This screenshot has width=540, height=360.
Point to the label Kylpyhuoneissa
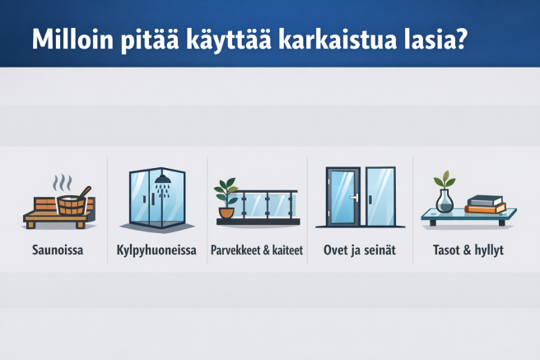pyautogui.click(x=157, y=250)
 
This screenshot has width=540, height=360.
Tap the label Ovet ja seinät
pyautogui.click(x=356, y=250)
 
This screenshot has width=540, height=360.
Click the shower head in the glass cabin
pyautogui.click(x=163, y=178)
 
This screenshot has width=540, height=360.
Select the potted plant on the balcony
pyautogui.click(x=226, y=198)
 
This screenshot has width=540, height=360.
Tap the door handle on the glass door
pyautogui.click(x=355, y=199)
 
